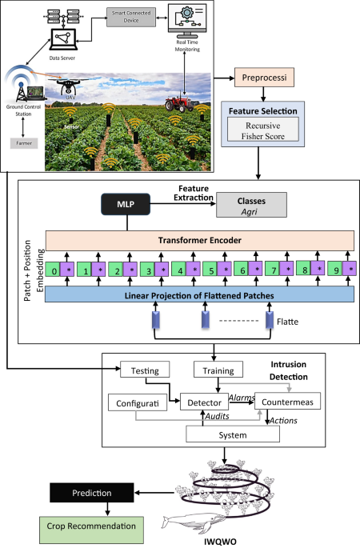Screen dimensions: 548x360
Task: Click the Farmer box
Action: click(20, 142)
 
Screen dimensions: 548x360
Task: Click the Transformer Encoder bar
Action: click(199, 240)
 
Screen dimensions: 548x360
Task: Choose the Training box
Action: click(218, 370)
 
